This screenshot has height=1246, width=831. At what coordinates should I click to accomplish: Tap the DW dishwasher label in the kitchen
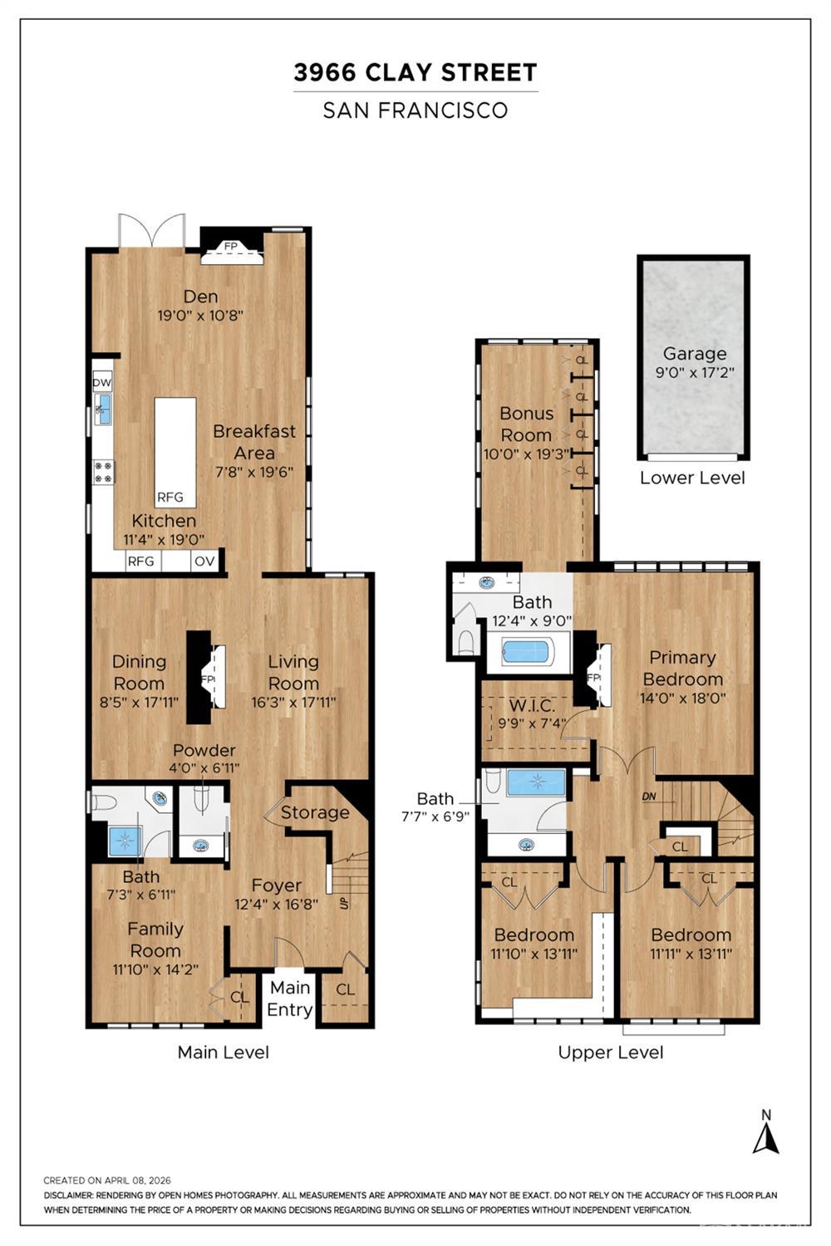coord(102,383)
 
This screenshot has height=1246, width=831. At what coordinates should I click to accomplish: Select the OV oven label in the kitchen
coord(204,562)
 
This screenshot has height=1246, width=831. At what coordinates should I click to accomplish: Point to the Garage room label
coord(695,354)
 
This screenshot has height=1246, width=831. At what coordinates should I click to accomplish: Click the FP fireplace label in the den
coord(230,246)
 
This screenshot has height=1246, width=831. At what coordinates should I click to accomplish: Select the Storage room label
coord(314,812)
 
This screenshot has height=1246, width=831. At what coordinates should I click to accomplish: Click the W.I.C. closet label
coord(532,706)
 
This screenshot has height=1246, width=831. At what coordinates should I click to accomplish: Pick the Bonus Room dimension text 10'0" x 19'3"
coord(527,454)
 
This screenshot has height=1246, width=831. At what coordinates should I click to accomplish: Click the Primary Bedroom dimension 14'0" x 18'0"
coord(683,698)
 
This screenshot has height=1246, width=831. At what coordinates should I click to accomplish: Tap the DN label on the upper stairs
coord(649,797)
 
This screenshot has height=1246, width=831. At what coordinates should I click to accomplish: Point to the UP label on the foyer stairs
coord(344,904)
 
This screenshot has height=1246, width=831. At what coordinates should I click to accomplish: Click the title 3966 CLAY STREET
coord(415,72)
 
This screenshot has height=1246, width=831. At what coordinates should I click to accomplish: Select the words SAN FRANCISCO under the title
coord(415,110)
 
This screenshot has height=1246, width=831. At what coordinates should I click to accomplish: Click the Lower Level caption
coord(692,478)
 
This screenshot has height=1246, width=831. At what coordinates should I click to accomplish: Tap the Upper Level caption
coord(611,1052)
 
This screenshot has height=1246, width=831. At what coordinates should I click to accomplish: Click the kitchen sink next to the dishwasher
coord(102,410)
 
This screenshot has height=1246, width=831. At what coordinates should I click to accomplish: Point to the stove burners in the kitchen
coord(104,472)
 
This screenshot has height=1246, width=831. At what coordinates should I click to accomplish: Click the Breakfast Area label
coord(254,442)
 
